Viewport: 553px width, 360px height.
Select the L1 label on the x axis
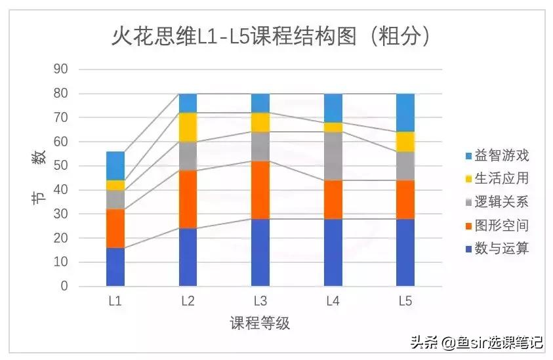pyautogui.click(x=115, y=302)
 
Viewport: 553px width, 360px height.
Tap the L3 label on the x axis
pyautogui.click(x=260, y=302)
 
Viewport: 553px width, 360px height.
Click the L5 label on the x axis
pyautogui.click(x=405, y=302)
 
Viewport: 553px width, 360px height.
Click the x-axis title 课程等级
pyautogui.click(x=260, y=323)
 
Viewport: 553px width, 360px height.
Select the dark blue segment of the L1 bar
pyautogui.click(x=115, y=267)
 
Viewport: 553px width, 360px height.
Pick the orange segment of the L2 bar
pyautogui.click(x=188, y=199)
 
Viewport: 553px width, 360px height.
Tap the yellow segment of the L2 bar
pyautogui.click(x=188, y=127)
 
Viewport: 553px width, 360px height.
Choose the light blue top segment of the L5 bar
pyautogui.click(x=405, y=113)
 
